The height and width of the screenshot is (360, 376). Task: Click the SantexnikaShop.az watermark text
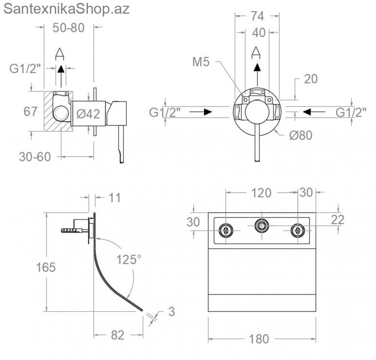click(67, 9)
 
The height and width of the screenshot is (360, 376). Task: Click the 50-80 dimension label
click(69, 28)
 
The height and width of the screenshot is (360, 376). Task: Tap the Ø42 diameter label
click(88, 114)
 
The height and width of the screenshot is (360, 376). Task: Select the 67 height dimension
click(31, 111)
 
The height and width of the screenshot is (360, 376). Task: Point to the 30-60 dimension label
click(35, 157)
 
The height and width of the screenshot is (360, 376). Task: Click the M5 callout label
click(201, 62)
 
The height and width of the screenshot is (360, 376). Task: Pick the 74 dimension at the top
click(258, 16)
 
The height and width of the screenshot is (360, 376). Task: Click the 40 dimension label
click(259, 33)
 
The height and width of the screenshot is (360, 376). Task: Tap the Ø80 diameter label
click(301, 135)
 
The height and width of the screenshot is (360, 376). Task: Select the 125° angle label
click(129, 260)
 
